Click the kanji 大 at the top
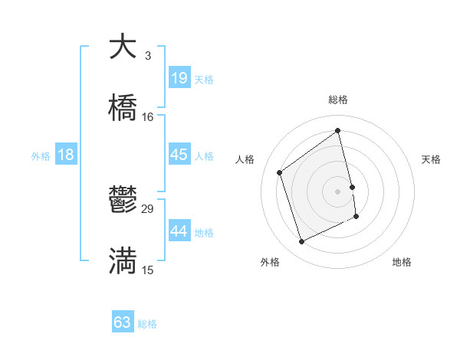[123, 46]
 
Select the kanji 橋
[123, 108]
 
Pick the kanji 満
[123, 261]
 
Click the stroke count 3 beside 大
[147, 56]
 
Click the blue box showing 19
[179, 77]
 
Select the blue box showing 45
[179, 155]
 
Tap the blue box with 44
[179, 231]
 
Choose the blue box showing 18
[66, 155]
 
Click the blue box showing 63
[123, 322]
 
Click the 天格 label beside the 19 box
[204, 79]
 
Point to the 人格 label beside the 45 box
[204, 156]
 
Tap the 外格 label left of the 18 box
[41, 156]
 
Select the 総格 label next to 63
[147, 324]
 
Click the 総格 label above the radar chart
[338, 100]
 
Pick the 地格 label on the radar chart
[402, 262]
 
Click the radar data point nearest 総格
[338, 130]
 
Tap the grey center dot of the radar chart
[338, 190]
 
